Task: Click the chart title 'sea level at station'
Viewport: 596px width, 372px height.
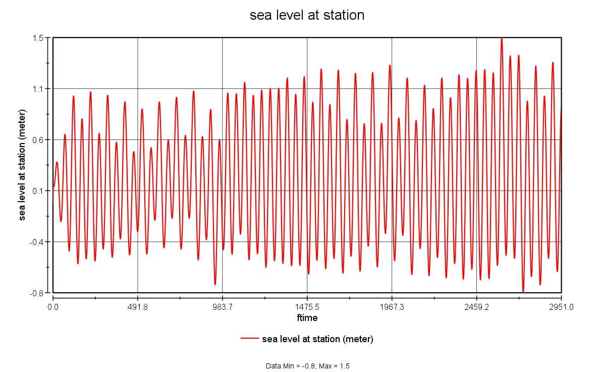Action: pos(307,16)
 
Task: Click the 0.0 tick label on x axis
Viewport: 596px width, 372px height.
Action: pos(53,306)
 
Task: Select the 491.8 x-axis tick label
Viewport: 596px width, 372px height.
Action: pos(138,306)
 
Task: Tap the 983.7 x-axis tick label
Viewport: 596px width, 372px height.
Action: pos(223,306)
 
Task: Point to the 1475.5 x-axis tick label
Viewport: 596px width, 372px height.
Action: pos(307,306)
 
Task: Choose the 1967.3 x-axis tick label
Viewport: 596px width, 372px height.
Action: pos(392,306)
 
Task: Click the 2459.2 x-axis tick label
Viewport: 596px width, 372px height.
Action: pos(477,306)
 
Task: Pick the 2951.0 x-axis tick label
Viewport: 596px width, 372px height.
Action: pos(561,306)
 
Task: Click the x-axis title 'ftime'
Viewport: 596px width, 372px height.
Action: pos(307,318)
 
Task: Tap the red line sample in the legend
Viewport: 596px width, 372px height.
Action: pos(250,339)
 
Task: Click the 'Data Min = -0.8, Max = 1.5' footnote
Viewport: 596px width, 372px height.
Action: pos(307,365)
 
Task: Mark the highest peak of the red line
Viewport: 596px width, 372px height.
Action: pos(501,38)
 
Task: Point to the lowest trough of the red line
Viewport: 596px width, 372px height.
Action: pos(523,292)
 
